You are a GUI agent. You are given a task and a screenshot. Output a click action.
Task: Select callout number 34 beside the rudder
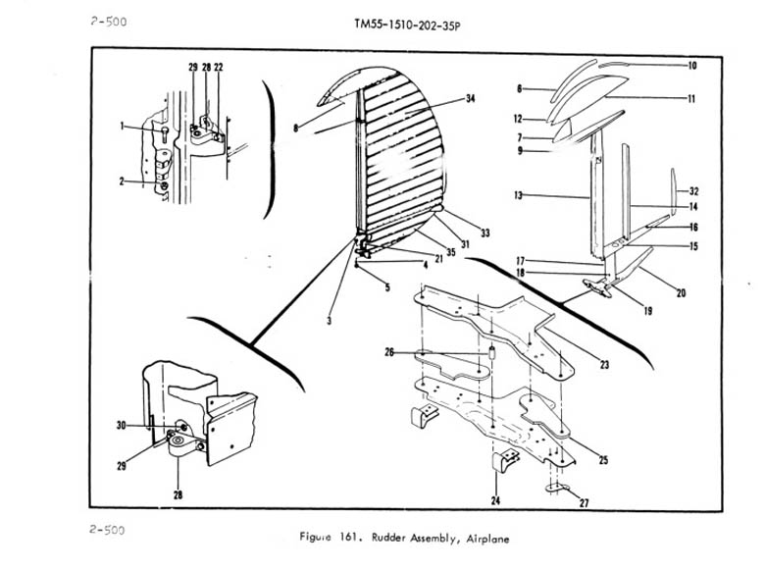click(470, 100)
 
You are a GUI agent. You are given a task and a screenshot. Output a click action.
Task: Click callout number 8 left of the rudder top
click(294, 128)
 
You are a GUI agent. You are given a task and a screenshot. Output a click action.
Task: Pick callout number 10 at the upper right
click(691, 66)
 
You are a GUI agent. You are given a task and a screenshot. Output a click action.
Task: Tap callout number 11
click(691, 99)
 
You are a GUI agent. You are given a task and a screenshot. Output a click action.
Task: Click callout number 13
click(517, 196)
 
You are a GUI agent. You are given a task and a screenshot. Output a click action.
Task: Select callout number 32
click(693, 191)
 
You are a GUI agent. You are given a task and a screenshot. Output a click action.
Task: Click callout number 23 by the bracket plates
click(605, 365)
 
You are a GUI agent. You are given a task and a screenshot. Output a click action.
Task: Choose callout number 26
click(389, 353)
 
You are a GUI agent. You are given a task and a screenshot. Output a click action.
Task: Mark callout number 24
click(495, 500)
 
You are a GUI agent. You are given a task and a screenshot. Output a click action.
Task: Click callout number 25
click(602, 460)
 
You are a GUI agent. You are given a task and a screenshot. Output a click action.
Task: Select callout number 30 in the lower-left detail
click(122, 426)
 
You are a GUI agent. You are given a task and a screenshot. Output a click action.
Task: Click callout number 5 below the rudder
click(386, 287)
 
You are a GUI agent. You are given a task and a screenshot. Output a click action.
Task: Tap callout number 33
click(484, 233)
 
